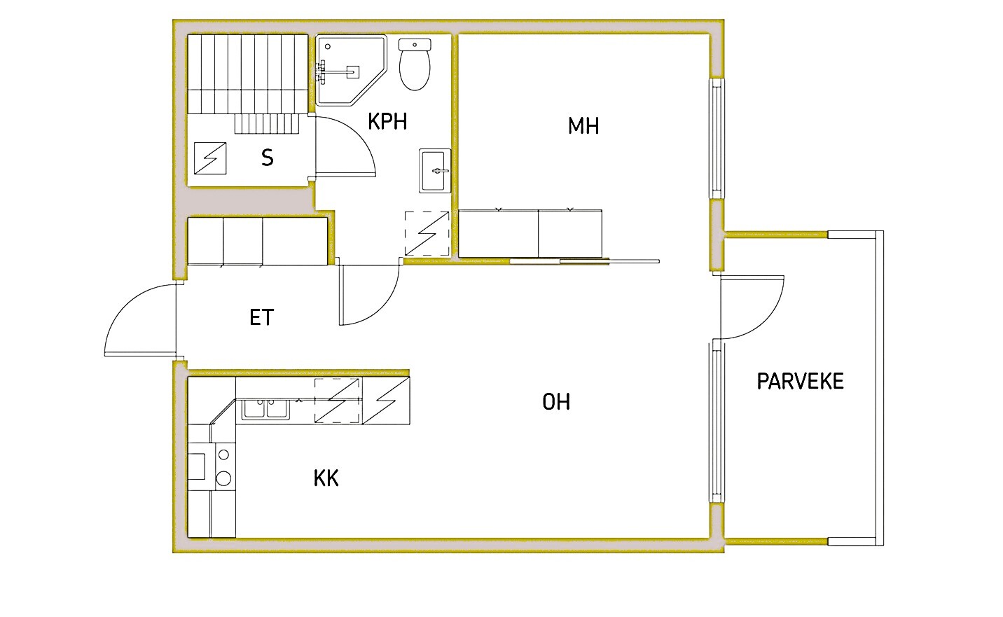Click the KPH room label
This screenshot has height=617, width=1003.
click(x=387, y=121)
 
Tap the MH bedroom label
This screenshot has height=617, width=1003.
click(x=583, y=126)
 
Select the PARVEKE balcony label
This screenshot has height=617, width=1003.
click(x=800, y=382)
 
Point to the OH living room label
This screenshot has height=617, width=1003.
click(x=556, y=401)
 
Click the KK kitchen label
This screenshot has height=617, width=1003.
click(x=326, y=478)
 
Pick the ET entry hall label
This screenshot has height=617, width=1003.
click(x=261, y=317)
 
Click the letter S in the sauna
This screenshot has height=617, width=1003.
click(x=268, y=158)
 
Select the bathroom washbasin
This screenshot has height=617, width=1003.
click(x=435, y=171)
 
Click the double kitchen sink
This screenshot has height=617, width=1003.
click(x=265, y=409)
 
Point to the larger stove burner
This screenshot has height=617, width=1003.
click(x=223, y=478)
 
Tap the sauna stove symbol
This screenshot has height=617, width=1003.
click(x=210, y=158)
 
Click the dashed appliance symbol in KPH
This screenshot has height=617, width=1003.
click(x=427, y=234)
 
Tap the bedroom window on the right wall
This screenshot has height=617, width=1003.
click(x=717, y=139)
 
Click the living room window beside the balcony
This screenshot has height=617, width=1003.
click(x=716, y=422)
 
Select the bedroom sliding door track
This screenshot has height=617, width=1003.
click(x=584, y=261)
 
